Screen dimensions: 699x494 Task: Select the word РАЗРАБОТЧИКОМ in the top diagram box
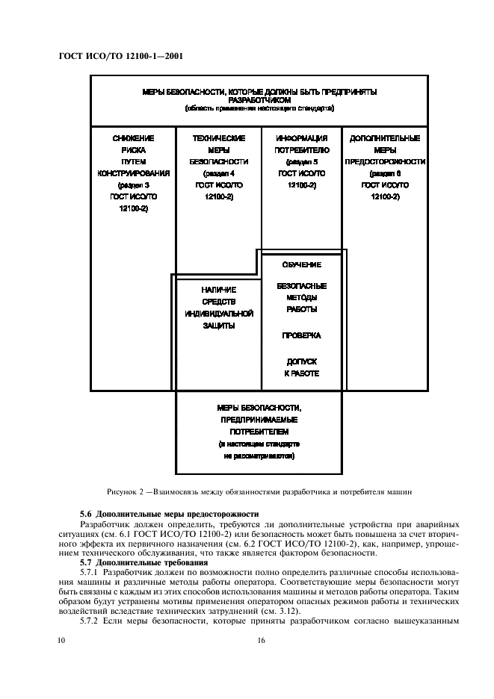259,99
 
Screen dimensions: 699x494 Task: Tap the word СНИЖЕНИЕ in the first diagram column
133,138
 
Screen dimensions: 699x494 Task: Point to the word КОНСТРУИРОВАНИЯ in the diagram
133,173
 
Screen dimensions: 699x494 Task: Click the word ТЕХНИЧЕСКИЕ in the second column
219,138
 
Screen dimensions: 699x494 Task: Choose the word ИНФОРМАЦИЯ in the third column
301,138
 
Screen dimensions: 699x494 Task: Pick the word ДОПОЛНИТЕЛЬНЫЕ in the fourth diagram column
385,138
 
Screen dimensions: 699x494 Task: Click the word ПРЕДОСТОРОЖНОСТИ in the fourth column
385,161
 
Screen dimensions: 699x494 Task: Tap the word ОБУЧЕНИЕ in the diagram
301,265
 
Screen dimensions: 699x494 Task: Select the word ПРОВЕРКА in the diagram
301,336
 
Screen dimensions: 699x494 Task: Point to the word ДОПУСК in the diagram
301,361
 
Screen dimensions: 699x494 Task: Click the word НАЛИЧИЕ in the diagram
219,290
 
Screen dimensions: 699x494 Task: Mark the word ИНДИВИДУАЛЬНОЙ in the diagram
219,314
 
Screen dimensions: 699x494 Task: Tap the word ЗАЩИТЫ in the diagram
219,326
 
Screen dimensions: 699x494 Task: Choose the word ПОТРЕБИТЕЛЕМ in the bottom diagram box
259,432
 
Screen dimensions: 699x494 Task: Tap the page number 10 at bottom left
62,640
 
